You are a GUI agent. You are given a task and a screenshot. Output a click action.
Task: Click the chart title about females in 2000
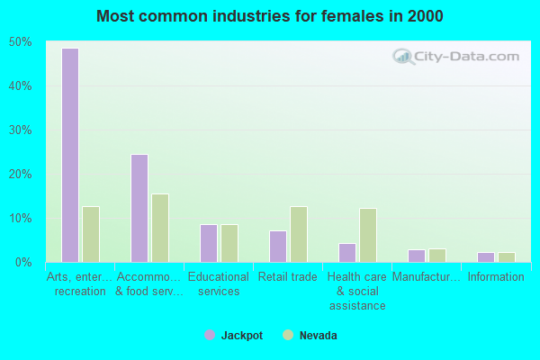[x=270, y=16]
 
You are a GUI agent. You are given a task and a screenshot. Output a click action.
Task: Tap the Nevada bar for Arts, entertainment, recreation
[x=91, y=234]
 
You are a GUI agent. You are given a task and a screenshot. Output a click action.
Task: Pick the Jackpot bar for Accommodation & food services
[x=139, y=208]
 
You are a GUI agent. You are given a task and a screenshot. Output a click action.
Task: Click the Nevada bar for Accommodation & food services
[x=160, y=228]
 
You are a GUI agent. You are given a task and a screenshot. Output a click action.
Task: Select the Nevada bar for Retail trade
[x=299, y=234]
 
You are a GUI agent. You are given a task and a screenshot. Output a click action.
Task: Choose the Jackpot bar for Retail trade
[x=278, y=247]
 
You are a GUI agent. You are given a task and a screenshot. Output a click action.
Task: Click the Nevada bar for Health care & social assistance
[x=368, y=235]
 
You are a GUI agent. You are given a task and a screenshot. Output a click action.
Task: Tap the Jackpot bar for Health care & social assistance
[x=347, y=252]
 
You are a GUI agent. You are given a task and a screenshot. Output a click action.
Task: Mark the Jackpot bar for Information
[x=486, y=257]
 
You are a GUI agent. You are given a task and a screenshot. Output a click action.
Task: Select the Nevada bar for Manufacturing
[x=437, y=256]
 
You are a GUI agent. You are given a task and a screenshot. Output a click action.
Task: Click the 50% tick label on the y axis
[x=21, y=42]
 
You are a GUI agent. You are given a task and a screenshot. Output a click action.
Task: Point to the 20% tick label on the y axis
[x=21, y=175]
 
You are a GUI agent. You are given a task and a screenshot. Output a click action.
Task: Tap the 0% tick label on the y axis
[x=23, y=263]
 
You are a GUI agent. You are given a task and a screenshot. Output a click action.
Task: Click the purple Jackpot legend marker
[x=210, y=335]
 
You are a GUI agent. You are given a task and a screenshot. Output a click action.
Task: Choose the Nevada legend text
[x=319, y=335]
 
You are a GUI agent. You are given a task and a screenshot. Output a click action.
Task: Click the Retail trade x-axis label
[x=288, y=277]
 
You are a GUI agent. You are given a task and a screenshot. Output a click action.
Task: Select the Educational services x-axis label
[x=219, y=284]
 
